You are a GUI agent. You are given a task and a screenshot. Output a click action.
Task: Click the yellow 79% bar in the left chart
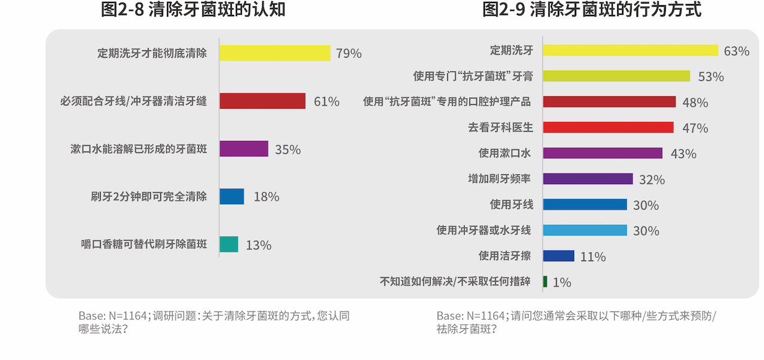tap(275, 53)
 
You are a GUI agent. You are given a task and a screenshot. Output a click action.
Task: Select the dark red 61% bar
tap(262, 101)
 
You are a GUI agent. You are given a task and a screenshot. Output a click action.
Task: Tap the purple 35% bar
tap(244, 149)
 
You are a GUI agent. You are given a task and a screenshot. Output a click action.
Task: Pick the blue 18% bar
tap(232, 196)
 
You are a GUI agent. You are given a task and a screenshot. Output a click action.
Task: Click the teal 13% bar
tap(229, 244)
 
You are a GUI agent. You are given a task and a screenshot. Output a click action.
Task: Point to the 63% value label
tap(736, 51)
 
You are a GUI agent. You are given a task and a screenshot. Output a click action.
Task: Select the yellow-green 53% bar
tap(616, 76)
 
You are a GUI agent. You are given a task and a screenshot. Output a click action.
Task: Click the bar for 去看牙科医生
tap(608, 127)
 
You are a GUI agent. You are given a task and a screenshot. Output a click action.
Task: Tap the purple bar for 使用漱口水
tap(602, 153)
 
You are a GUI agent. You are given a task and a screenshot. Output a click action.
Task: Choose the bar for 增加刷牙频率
tap(587, 179)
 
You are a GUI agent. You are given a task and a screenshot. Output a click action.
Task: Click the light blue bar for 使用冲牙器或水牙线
tap(584, 230)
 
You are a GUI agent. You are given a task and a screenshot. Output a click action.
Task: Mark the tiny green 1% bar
tap(545, 282)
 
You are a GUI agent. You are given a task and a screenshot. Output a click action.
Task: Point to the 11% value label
tap(593, 257)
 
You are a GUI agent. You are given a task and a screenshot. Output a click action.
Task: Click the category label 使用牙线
tap(511, 204)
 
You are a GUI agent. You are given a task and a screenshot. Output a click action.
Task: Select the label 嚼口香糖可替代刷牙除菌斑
tap(144, 244)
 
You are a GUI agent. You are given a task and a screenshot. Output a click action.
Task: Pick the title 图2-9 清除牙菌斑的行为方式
tap(592, 10)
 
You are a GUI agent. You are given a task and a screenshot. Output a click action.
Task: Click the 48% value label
tap(695, 102)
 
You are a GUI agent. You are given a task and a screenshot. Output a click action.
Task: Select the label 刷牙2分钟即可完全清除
tap(148, 196)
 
